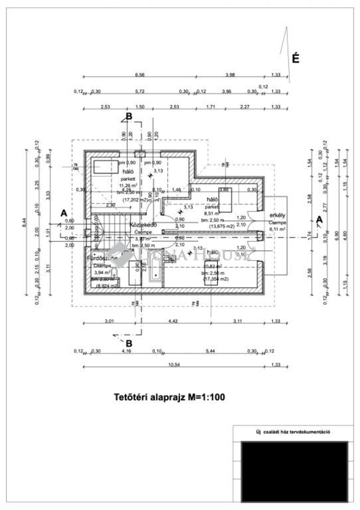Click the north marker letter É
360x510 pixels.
(295, 59)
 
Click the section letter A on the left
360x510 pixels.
(64, 212)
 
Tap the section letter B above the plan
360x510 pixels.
(128, 116)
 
